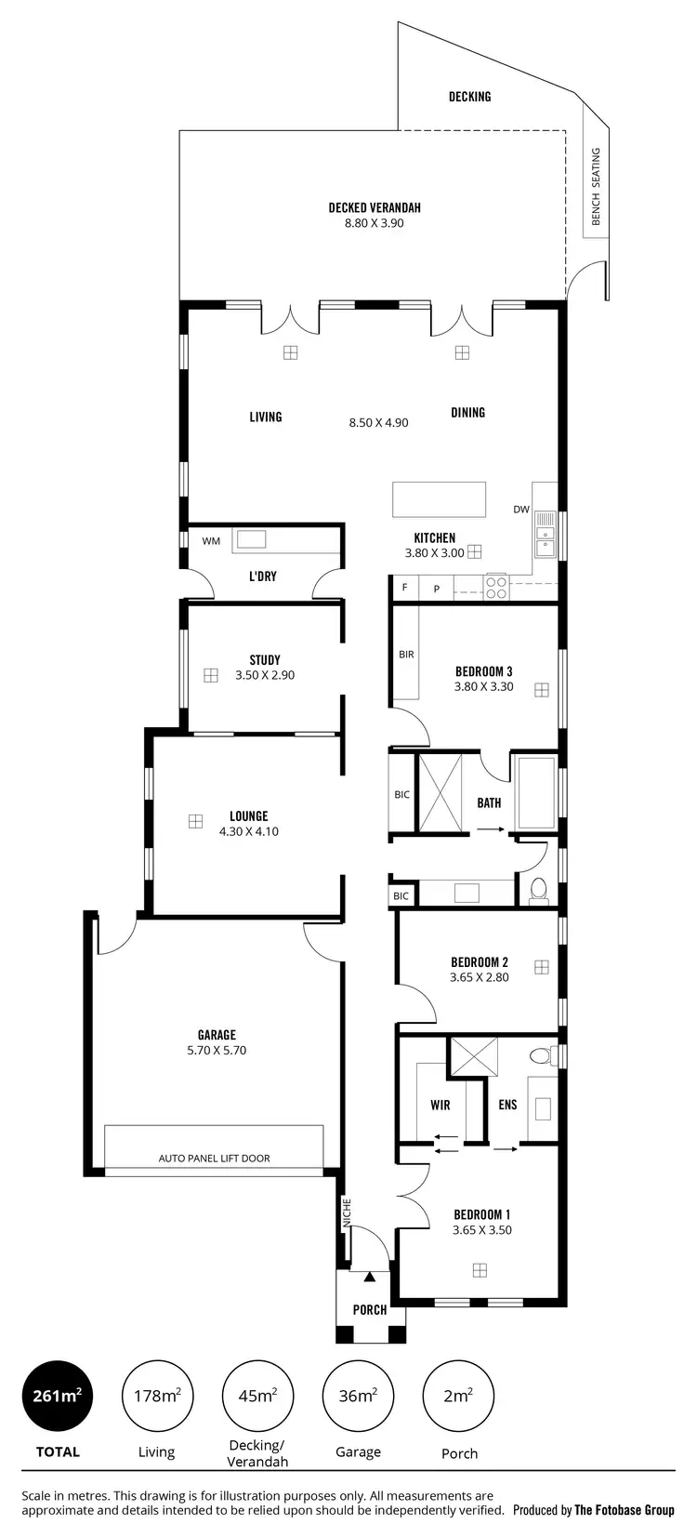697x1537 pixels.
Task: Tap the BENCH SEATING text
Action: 596,186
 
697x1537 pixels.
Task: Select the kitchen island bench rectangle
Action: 439,498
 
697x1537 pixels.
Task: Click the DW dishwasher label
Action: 520,510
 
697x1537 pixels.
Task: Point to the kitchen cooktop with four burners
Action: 496,588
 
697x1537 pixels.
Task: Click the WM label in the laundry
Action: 211,540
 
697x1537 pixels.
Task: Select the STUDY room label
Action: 265,660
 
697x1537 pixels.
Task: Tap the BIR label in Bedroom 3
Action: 406,655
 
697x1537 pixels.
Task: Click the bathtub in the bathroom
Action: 535,792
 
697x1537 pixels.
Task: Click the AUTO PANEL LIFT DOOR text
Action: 214,1159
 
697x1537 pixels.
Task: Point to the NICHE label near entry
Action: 346,1212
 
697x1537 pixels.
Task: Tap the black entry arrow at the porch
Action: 370,1279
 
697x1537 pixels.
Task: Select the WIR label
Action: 441,1105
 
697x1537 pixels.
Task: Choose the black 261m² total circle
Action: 58,1396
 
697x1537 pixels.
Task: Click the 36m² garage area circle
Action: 358,1396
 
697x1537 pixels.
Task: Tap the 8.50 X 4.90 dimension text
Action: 378,422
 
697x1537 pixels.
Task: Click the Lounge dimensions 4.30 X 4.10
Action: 248,831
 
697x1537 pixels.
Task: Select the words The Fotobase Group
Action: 624,1510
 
